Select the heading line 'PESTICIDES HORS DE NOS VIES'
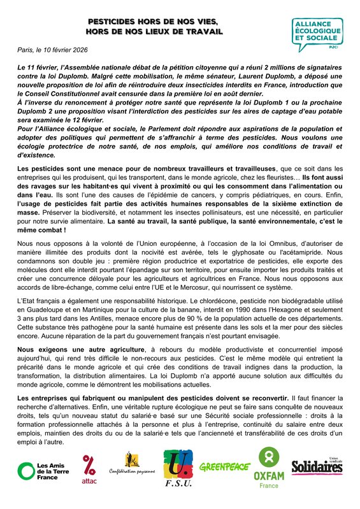coord(155,22)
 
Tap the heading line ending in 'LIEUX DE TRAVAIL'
coord(155,31)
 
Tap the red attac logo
coord(89,471)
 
